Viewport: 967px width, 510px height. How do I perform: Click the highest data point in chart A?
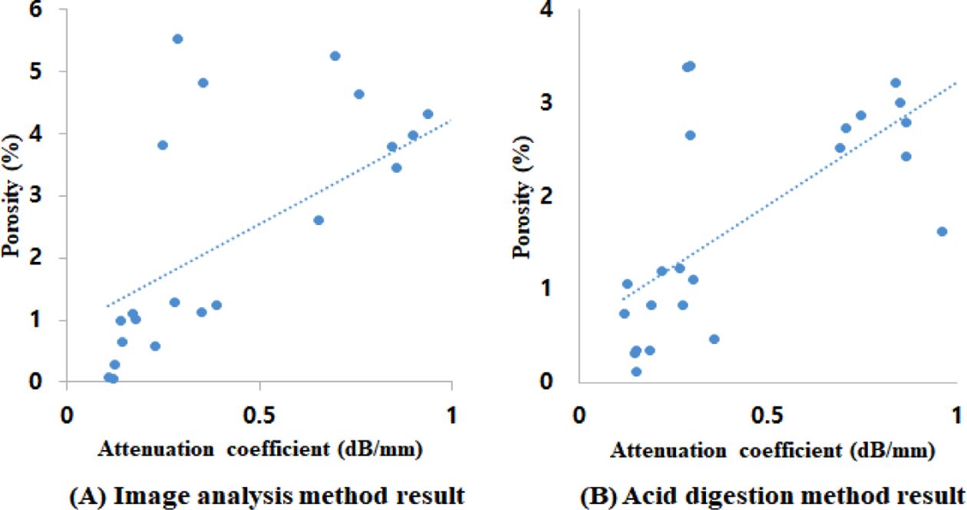(x=177, y=38)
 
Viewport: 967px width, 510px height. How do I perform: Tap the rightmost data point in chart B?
(x=942, y=231)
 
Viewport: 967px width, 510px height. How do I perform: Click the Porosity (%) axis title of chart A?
(x=15, y=197)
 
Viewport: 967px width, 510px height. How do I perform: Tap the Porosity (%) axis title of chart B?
(x=526, y=197)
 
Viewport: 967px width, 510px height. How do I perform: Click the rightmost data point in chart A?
(x=427, y=114)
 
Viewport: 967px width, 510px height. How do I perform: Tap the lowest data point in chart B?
(x=636, y=372)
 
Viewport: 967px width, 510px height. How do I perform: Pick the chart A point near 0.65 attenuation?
(x=318, y=220)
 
